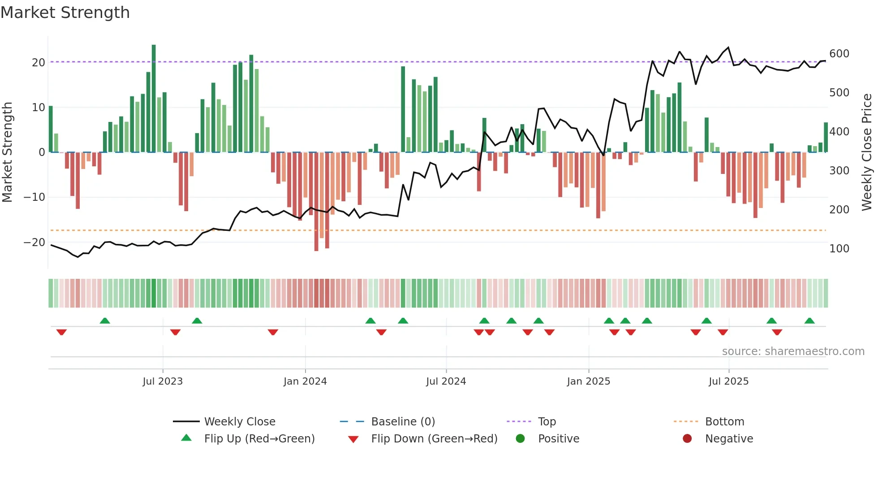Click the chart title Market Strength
click(x=65, y=13)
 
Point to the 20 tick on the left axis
click(x=39, y=62)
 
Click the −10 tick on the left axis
click(x=34, y=197)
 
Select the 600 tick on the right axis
click(x=839, y=54)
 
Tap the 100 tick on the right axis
click(x=839, y=248)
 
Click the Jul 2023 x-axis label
click(x=163, y=381)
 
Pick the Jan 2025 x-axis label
click(x=588, y=381)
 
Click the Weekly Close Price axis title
click(x=867, y=152)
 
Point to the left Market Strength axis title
click(x=7, y=152)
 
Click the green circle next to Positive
click(x=520, y=438)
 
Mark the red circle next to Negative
click(x=687, y=438)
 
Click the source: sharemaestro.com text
click(x=793, y=351)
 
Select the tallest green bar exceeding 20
click(x=154, y=99)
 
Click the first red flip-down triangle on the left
click(x=61, y=332)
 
